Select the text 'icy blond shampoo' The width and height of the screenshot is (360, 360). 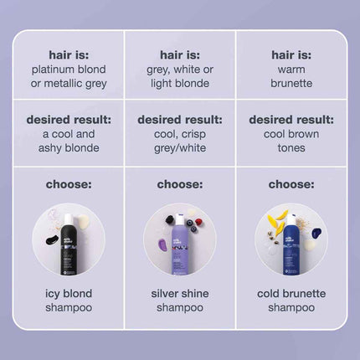point(68,300)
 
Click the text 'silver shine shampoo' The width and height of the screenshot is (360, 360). point(180,300)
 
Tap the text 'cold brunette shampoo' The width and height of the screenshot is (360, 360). point(292,300)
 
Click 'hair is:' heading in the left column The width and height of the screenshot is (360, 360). point(68,54)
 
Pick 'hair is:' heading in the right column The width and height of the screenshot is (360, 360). point(292,54)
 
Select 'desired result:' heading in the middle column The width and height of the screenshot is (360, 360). point(180,119)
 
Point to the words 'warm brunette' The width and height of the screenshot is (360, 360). point(292,76)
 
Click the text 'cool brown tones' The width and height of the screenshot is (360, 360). point(292,141)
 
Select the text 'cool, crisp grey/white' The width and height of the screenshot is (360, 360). point(180,141)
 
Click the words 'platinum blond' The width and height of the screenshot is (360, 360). point(68,69)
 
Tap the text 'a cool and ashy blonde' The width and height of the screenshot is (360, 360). point(68,141)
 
